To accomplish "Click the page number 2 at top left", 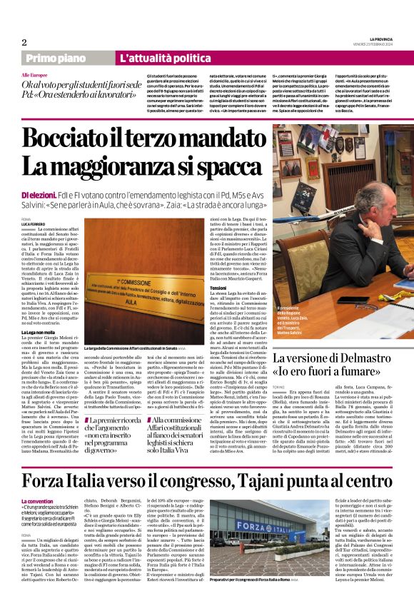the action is (24, 42).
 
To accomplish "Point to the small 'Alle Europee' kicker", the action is (35, 74).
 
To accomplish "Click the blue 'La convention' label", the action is (37, 501).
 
